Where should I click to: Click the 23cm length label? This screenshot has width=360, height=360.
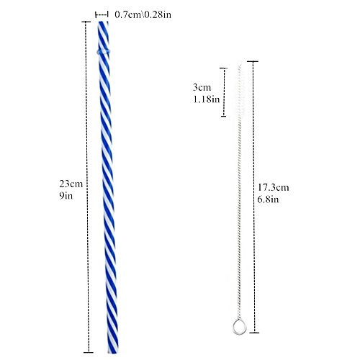(71, 184)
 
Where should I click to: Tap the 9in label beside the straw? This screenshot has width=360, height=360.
(66, 196)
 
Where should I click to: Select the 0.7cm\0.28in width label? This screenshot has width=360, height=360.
(143, 14)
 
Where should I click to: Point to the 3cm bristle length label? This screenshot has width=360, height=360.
(202, 87)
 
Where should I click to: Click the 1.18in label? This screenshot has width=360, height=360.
(207, 99)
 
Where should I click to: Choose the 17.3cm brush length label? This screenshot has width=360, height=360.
(274, 187)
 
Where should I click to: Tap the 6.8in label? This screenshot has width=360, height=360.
(268, 199)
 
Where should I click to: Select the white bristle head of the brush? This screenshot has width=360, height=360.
(240, 90)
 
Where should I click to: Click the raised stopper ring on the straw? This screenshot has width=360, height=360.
(104, 51)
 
